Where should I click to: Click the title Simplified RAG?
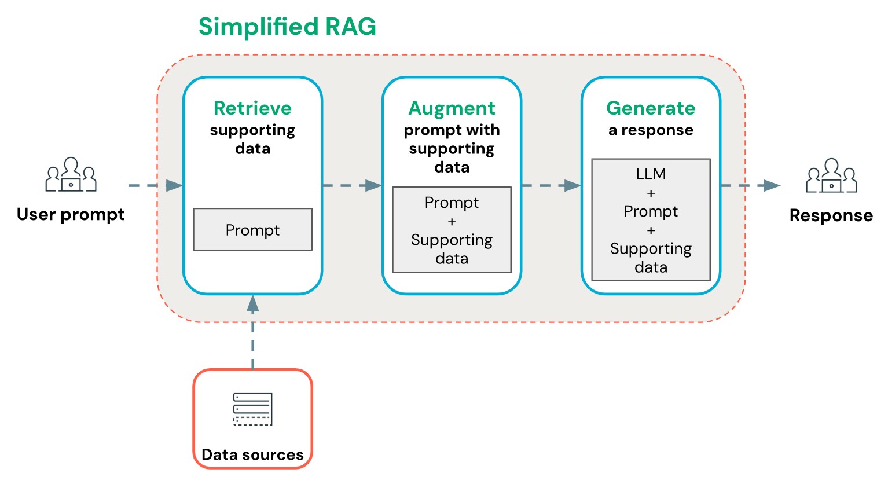pos(287,27)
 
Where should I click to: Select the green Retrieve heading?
pos(252,108)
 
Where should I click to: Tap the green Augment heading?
pos(452,108)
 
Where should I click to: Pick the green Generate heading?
pos(651,108)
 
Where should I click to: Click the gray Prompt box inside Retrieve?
pos(252,230)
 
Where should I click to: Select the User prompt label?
pos(71,214)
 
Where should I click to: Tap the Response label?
pos(831,215)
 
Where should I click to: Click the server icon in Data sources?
pos(252,409)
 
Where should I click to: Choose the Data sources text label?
pos(252,454)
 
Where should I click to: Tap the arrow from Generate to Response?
pos(750,186)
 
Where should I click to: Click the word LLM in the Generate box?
pos(651,174)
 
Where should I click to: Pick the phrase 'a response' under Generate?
pos(651,130)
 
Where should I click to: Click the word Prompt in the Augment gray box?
pos(452,203)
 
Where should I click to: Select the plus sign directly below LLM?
pos(651,193)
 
